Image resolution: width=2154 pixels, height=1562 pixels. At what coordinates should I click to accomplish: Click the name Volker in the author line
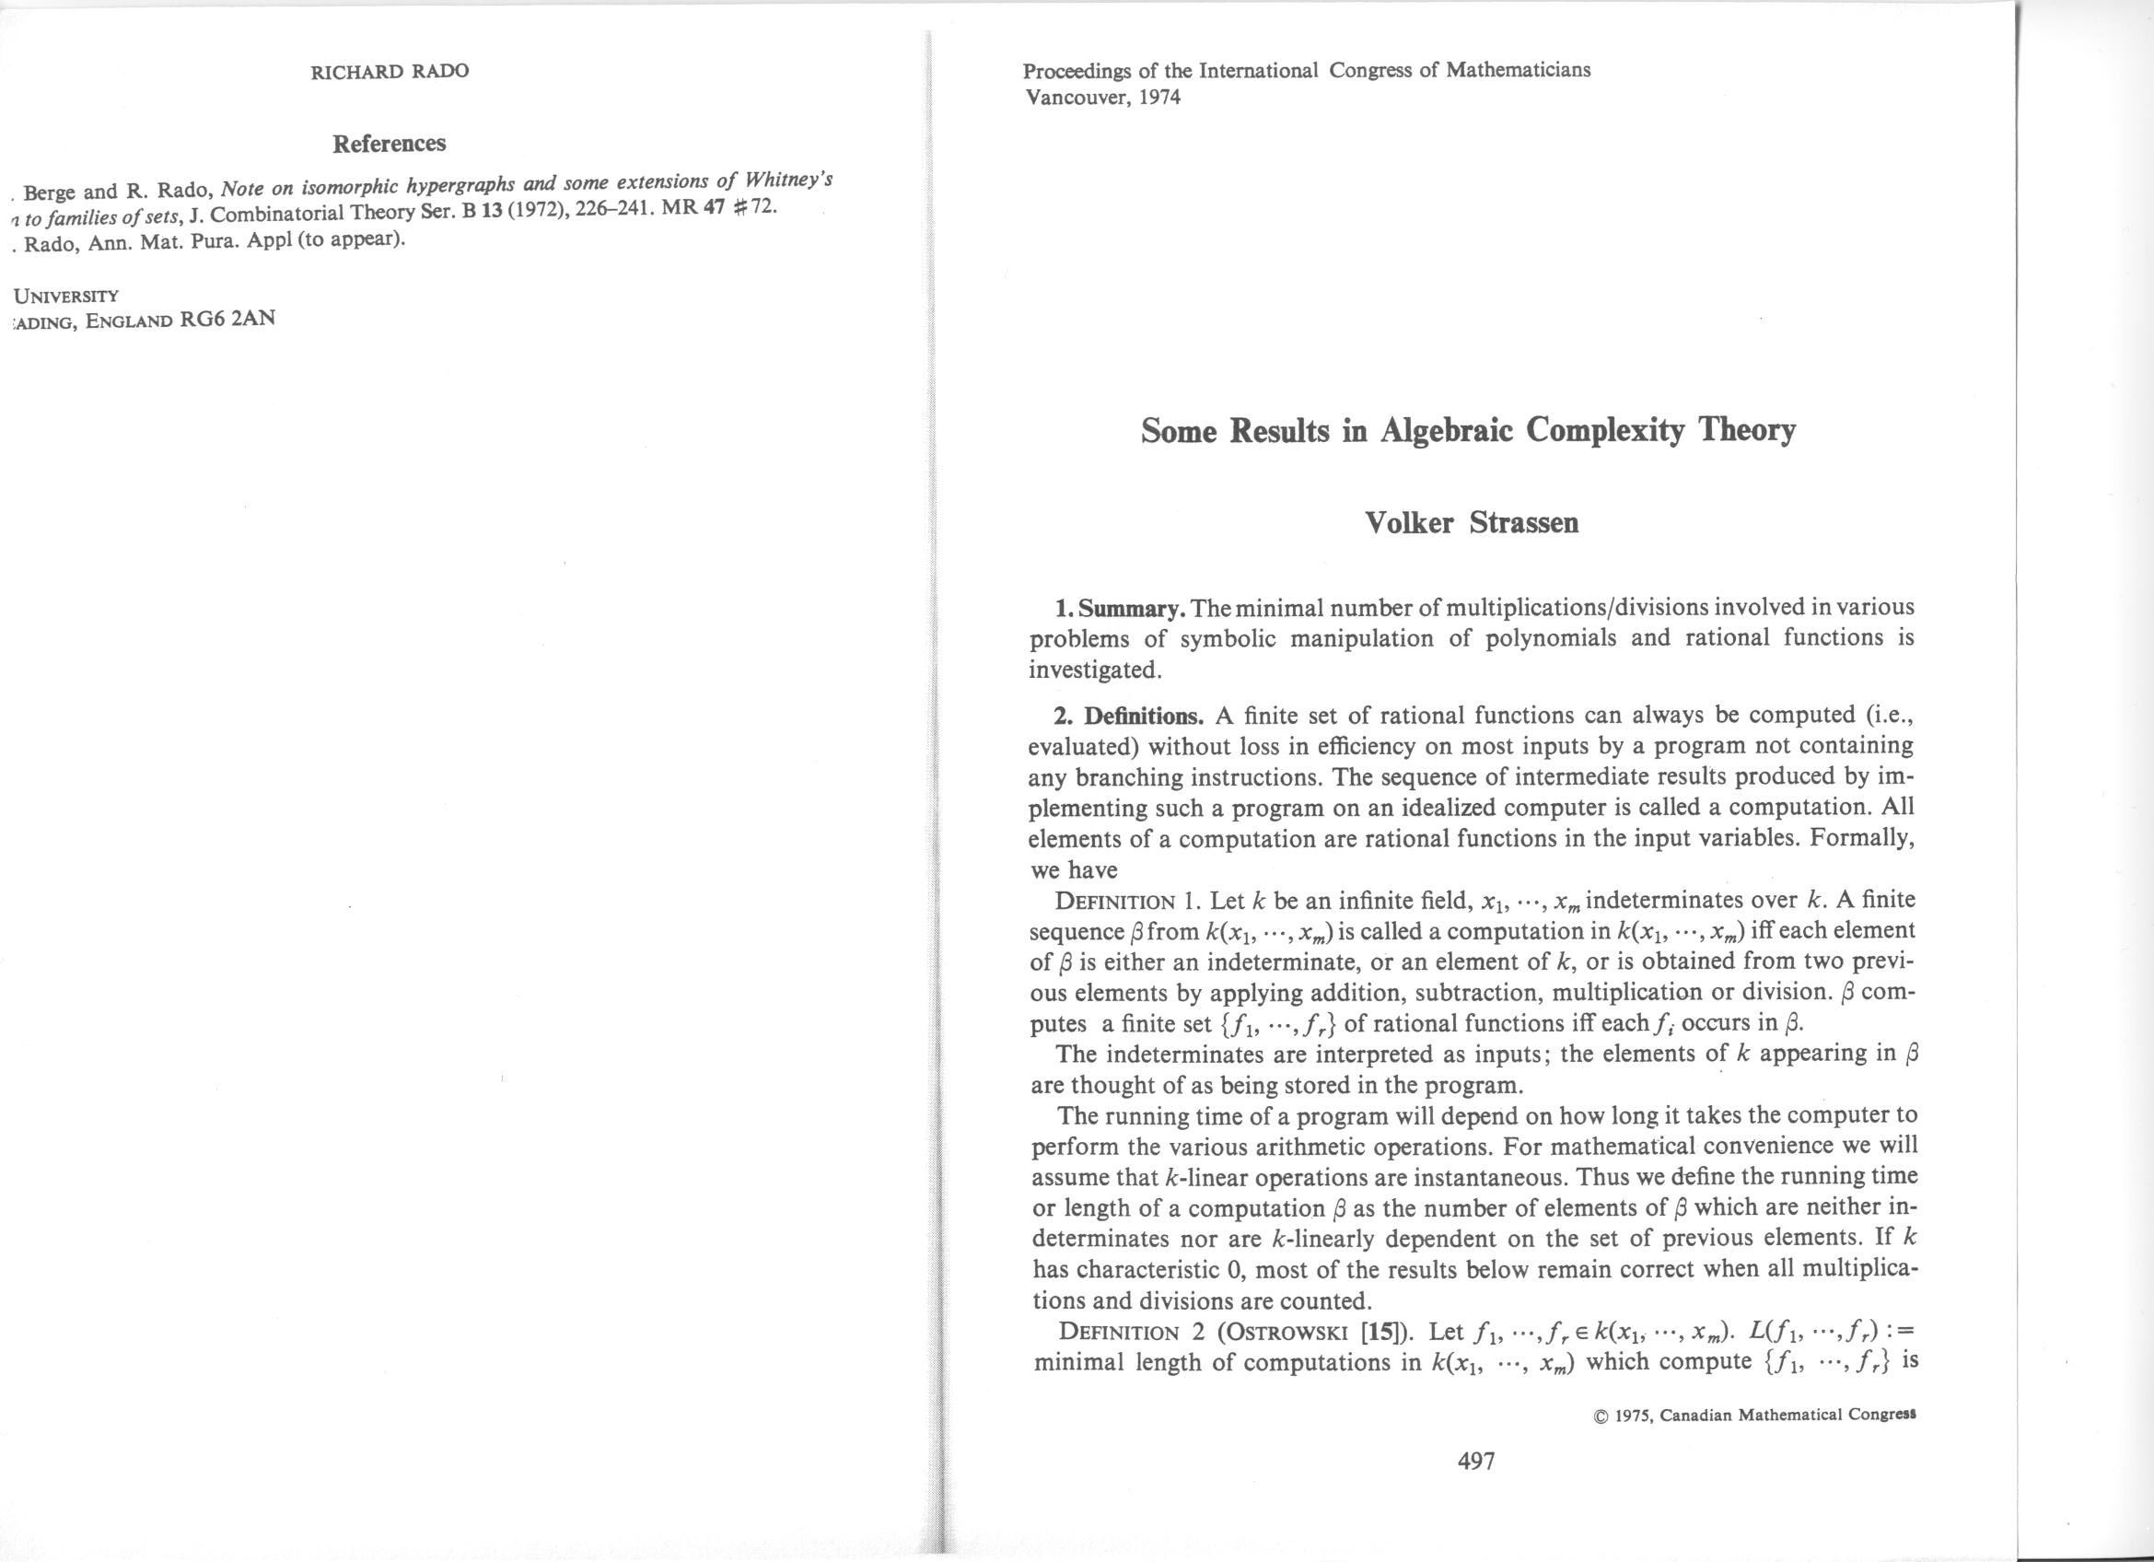click(1408, 523)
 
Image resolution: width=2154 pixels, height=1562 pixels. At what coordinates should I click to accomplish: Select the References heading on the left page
click(389, 144)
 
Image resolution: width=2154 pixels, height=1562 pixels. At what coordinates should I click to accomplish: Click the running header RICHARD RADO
click(390, 71)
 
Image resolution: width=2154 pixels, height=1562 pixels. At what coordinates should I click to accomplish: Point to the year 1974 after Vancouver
click(1158, 96)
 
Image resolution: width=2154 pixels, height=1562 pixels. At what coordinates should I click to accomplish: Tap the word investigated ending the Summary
click(1093, 670)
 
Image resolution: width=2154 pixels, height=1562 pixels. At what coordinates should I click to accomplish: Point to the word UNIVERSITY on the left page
click(65, 295)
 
